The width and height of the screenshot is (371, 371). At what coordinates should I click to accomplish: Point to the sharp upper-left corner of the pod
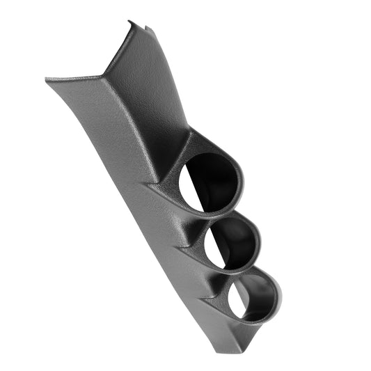tap(47, 79)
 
